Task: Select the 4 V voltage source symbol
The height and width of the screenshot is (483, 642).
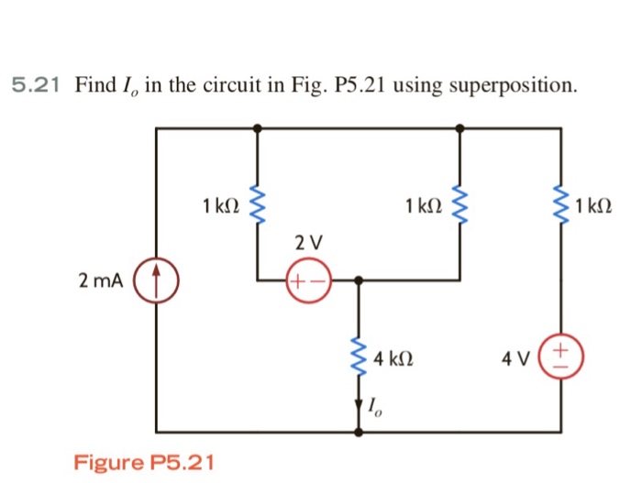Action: pyautogui.click(x=561, y=353)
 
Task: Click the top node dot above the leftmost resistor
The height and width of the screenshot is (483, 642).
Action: pyautogui.click(x=257, y=129)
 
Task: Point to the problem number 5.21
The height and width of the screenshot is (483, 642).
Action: pyautogui.click(x=37, y=86)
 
